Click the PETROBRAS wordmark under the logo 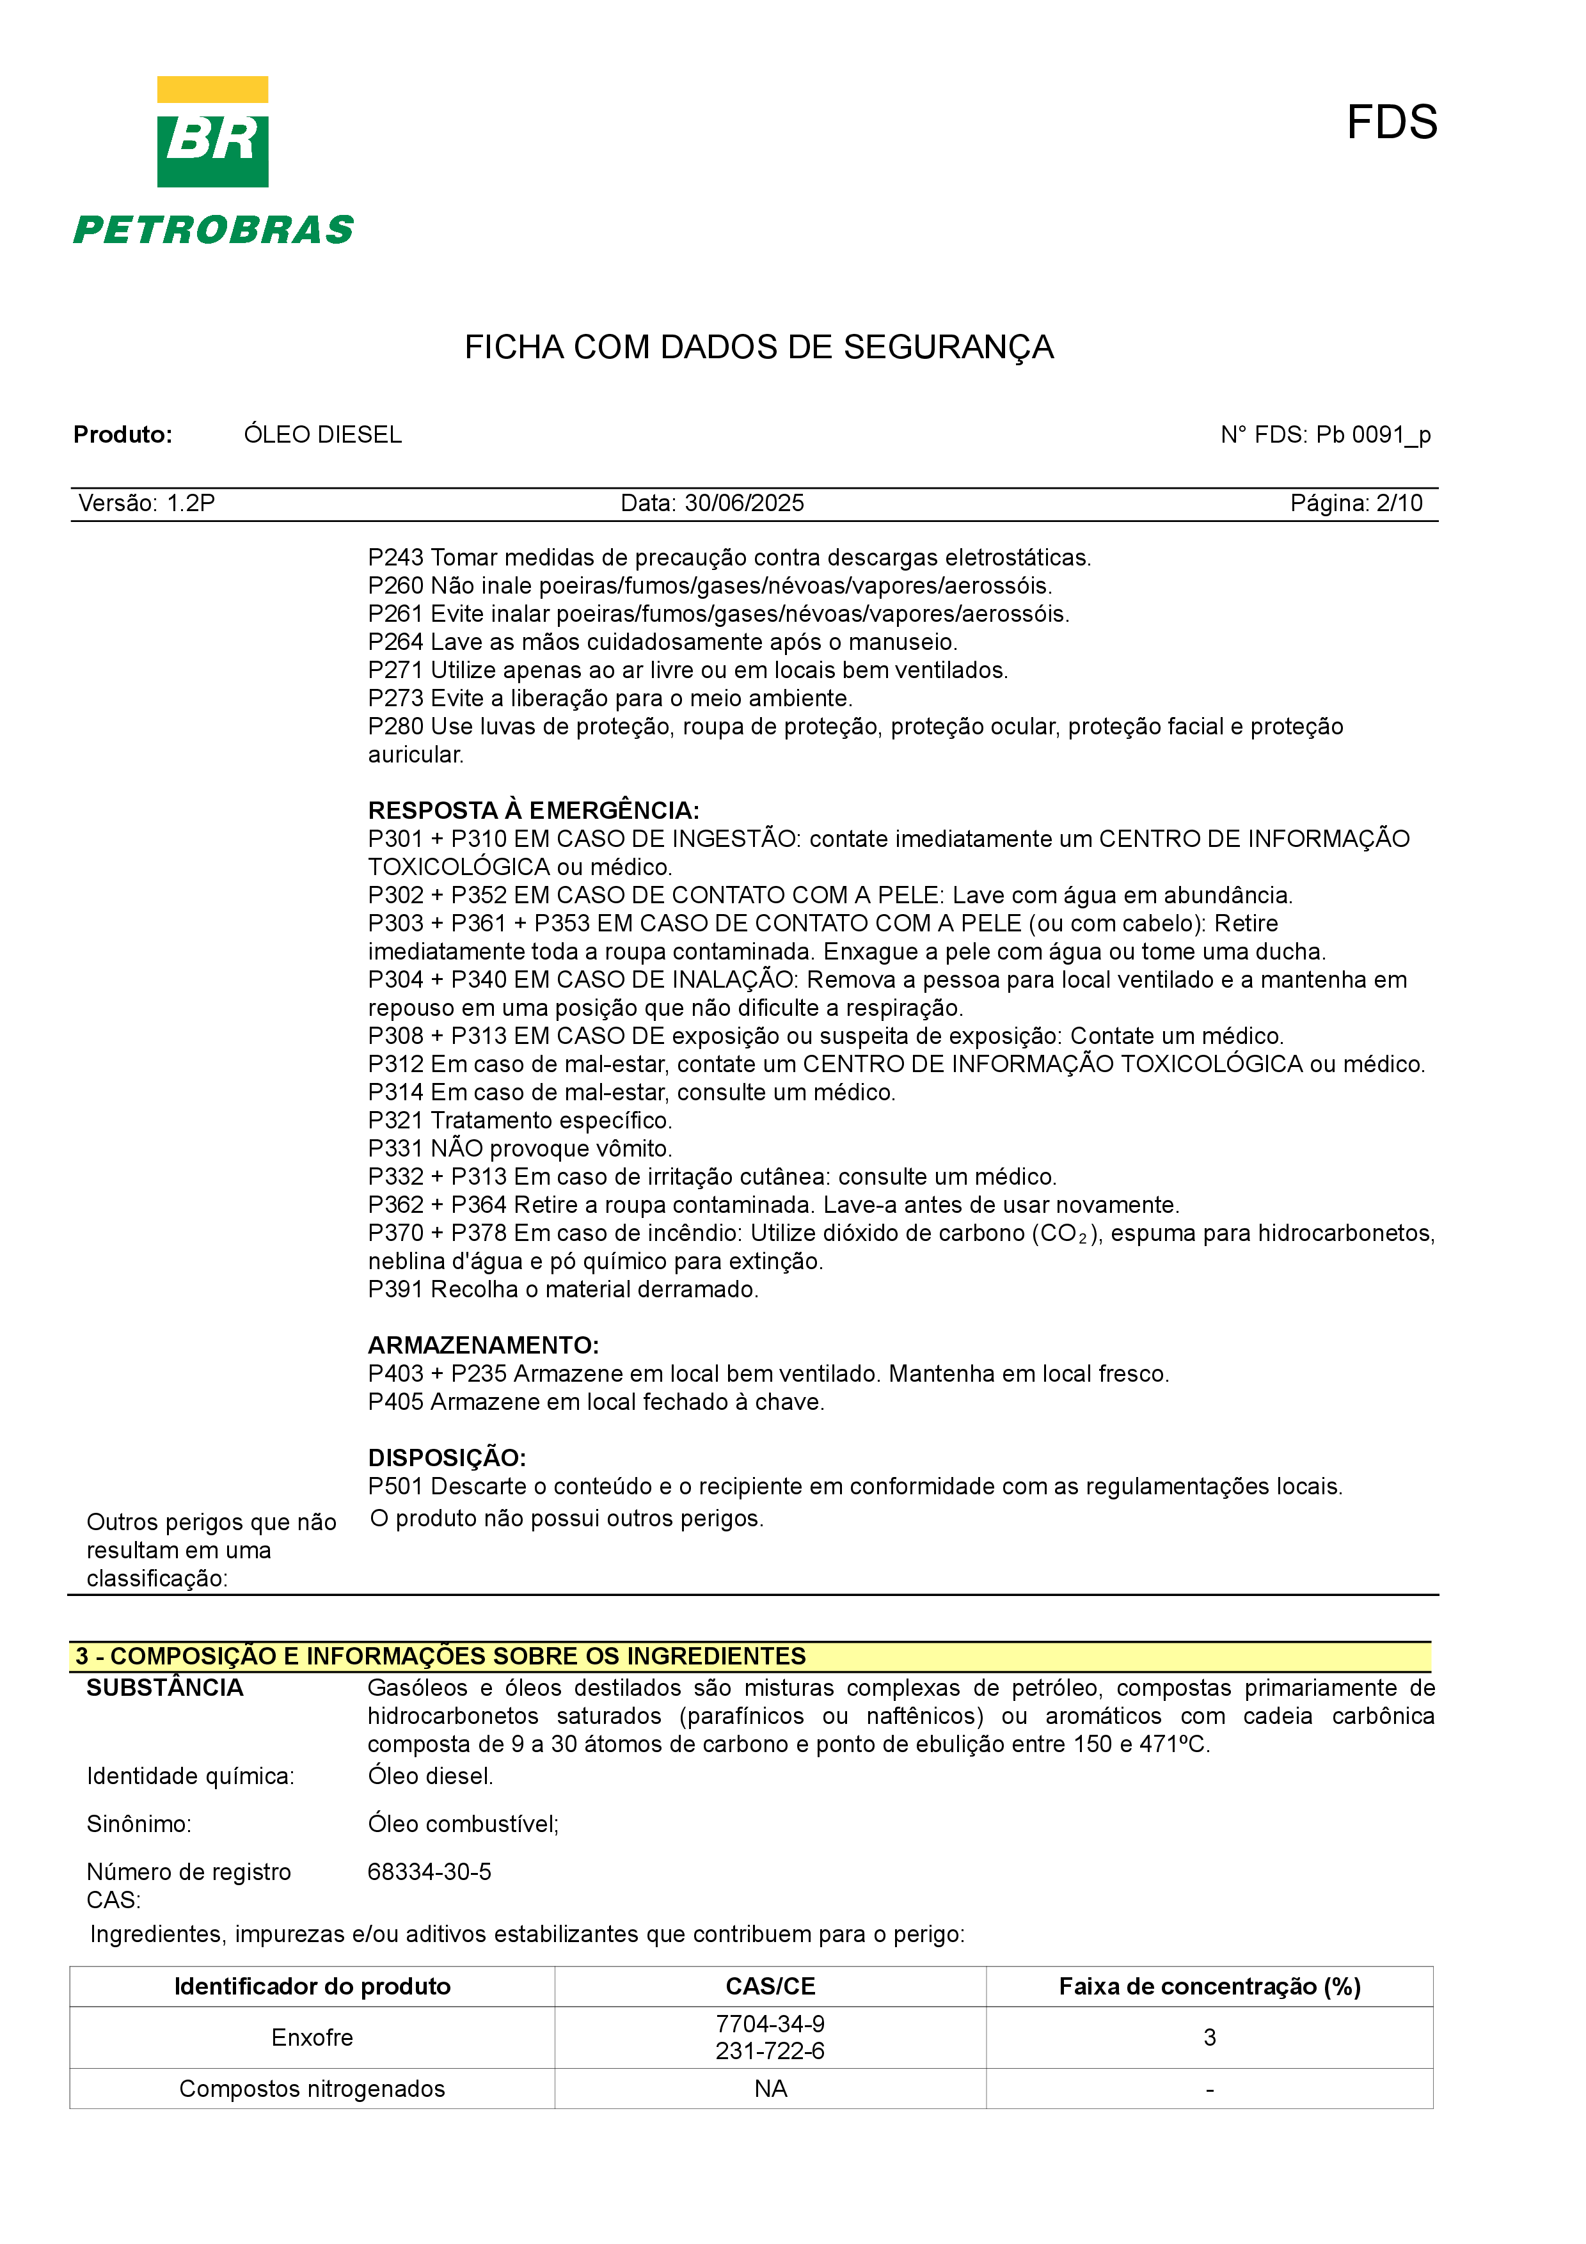click(x=213, y=231)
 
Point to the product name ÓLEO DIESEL click(x=322, y=435)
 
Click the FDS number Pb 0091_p click(x=1373, y=435)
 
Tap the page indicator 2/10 click(x=1399, y=503)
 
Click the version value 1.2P click(x=191, y=503)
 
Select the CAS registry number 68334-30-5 click(x=429, y=1872)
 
